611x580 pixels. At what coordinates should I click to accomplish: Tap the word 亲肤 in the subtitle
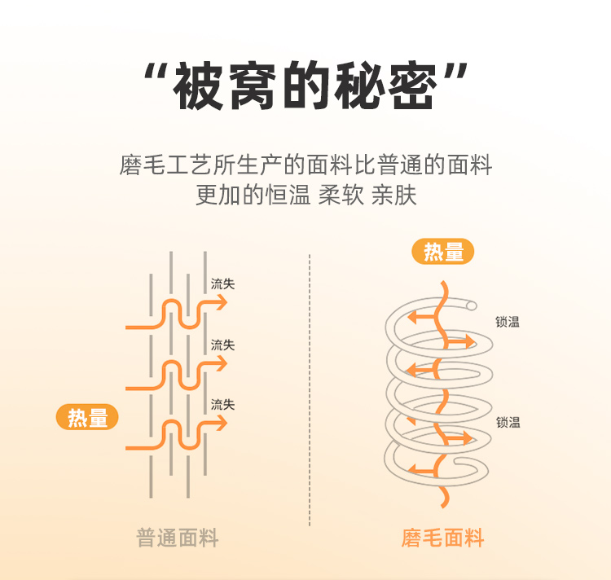pyautogui.click(x=393, y=196)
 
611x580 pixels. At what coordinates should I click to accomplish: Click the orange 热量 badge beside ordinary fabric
pyautogui.click(x=87, y=418)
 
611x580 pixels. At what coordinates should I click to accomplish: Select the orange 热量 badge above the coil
pyautogui.click(x=444, y=252)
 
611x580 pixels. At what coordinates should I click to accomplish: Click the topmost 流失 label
pyautogui.click(x=222, y=284)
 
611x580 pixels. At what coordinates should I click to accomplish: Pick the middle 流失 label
pyautogui.click(x=222, y=345)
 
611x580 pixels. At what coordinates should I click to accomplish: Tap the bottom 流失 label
pyautogui.click(x=222, y=404)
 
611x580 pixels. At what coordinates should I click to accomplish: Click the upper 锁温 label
pyautogui.click(x=508, y=322)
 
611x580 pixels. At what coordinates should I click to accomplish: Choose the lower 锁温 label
pyautogui.click(x=508, y=422)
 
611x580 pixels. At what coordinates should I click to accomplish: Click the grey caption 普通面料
pyautogui.click(x=178, y=538)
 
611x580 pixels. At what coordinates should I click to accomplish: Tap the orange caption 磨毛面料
pyautogui.click(x=442, y=538)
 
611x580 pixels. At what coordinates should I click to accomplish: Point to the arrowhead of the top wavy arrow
pyautogui.click(x=222, y=303)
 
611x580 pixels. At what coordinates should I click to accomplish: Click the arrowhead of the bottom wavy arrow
pyautogui.click(x=222, y=423)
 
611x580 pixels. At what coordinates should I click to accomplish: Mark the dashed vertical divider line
pyautogui.click(x=310, y=391)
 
